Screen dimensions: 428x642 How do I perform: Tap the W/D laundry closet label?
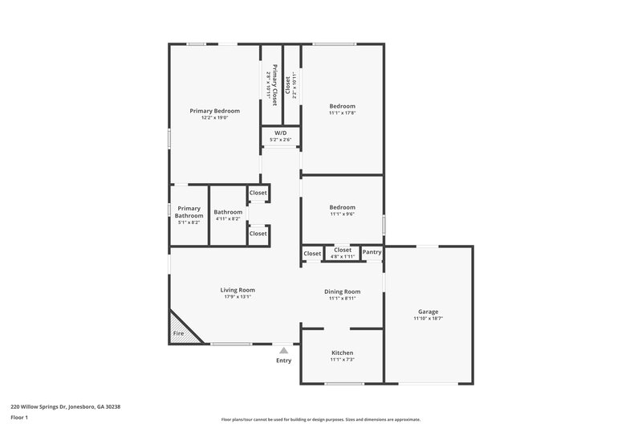point(281,132)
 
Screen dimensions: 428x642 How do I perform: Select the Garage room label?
point(428,312)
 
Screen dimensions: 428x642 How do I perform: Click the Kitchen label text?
point(342,353)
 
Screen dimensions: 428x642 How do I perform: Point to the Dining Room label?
point(342,291)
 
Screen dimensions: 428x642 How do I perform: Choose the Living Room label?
point(238,290)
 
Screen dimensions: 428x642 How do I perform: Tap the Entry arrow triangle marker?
point(283,350)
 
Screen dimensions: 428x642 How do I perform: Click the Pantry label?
point(372,252)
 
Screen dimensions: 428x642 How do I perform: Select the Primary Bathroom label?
point(189,211)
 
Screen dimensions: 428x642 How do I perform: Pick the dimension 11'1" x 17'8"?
point(342,113)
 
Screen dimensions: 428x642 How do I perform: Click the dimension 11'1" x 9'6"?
point(342,214)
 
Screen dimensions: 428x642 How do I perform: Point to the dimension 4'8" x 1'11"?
point(343,256)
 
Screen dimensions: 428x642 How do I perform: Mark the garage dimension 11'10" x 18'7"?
point(428,318)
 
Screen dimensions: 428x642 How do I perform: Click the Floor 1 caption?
point(19,418)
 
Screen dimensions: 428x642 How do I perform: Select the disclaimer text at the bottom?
point(320,419)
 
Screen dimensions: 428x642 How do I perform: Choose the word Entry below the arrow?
point(284,361)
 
